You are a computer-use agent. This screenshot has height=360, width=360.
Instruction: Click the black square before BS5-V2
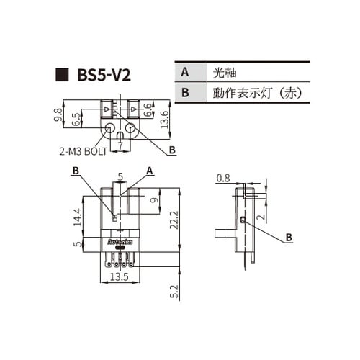[x=63, y=74]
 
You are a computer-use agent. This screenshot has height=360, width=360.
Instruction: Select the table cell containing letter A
[x=185, y=73]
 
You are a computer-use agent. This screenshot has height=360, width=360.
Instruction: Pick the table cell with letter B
[x=185, y=93]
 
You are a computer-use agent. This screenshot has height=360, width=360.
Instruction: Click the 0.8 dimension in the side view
[x=223, y=179]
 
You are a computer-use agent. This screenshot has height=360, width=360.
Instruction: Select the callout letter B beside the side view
[x=288, y=237]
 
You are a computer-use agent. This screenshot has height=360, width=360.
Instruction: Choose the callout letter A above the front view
[x=150, y=170]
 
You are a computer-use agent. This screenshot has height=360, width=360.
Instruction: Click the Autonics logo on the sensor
[x=118, y=243]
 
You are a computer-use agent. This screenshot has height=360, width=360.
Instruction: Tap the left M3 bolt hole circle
[x=110, y=130]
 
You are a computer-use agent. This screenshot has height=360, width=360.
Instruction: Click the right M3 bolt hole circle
[x=131, y=130]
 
